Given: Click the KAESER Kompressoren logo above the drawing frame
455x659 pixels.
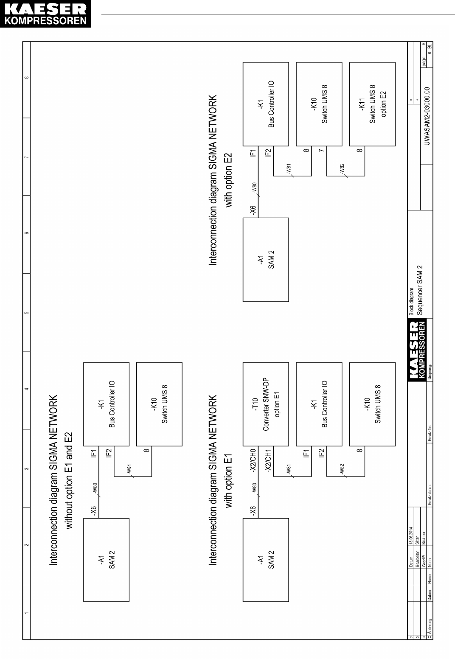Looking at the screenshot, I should [x=45, y=15].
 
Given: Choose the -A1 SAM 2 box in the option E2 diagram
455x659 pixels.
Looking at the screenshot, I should [x=265, y=259].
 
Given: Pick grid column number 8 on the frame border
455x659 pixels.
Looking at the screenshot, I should [x=26, y=77].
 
